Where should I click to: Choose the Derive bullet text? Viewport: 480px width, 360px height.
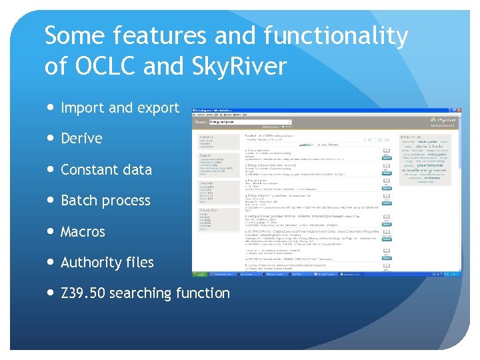coord(81,139)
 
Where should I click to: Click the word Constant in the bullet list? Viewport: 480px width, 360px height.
coord(88,169)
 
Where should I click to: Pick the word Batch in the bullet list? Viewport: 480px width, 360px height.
coord(79,201)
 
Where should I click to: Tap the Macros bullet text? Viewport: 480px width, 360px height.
coord(83,232)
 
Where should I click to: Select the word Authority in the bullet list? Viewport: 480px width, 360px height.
coord(91,263)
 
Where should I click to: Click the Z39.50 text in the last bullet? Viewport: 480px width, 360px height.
coord(83,293)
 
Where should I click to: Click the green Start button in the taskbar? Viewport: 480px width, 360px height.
coord(200,274)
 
